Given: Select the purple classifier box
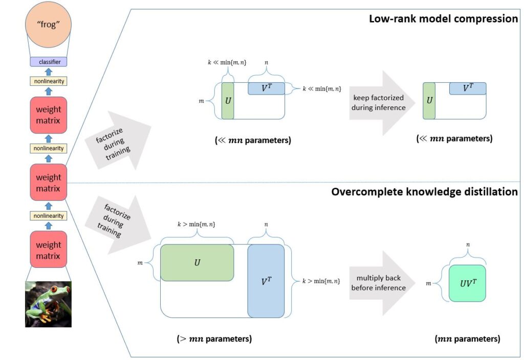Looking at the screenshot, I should coord(48,62).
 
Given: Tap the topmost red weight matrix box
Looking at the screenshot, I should coord(48,115).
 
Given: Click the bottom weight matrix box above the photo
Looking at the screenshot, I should coord(48,250).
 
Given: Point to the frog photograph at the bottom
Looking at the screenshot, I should coord(48,304).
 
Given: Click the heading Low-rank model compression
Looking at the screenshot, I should coord(443,19).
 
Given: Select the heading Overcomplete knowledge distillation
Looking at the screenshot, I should coord(424,192).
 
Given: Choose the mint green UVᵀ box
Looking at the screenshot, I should coord(467,283).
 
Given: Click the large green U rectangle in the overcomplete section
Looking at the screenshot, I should coord(197,262).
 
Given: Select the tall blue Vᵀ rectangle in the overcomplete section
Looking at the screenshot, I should coord(266,281).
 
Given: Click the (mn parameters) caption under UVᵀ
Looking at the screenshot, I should coord(467,339).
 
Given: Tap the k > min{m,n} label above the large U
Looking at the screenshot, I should coord(196,224).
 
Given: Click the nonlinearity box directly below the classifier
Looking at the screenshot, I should coord(48,81).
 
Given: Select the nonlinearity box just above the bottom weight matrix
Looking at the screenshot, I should coord(48,216).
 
